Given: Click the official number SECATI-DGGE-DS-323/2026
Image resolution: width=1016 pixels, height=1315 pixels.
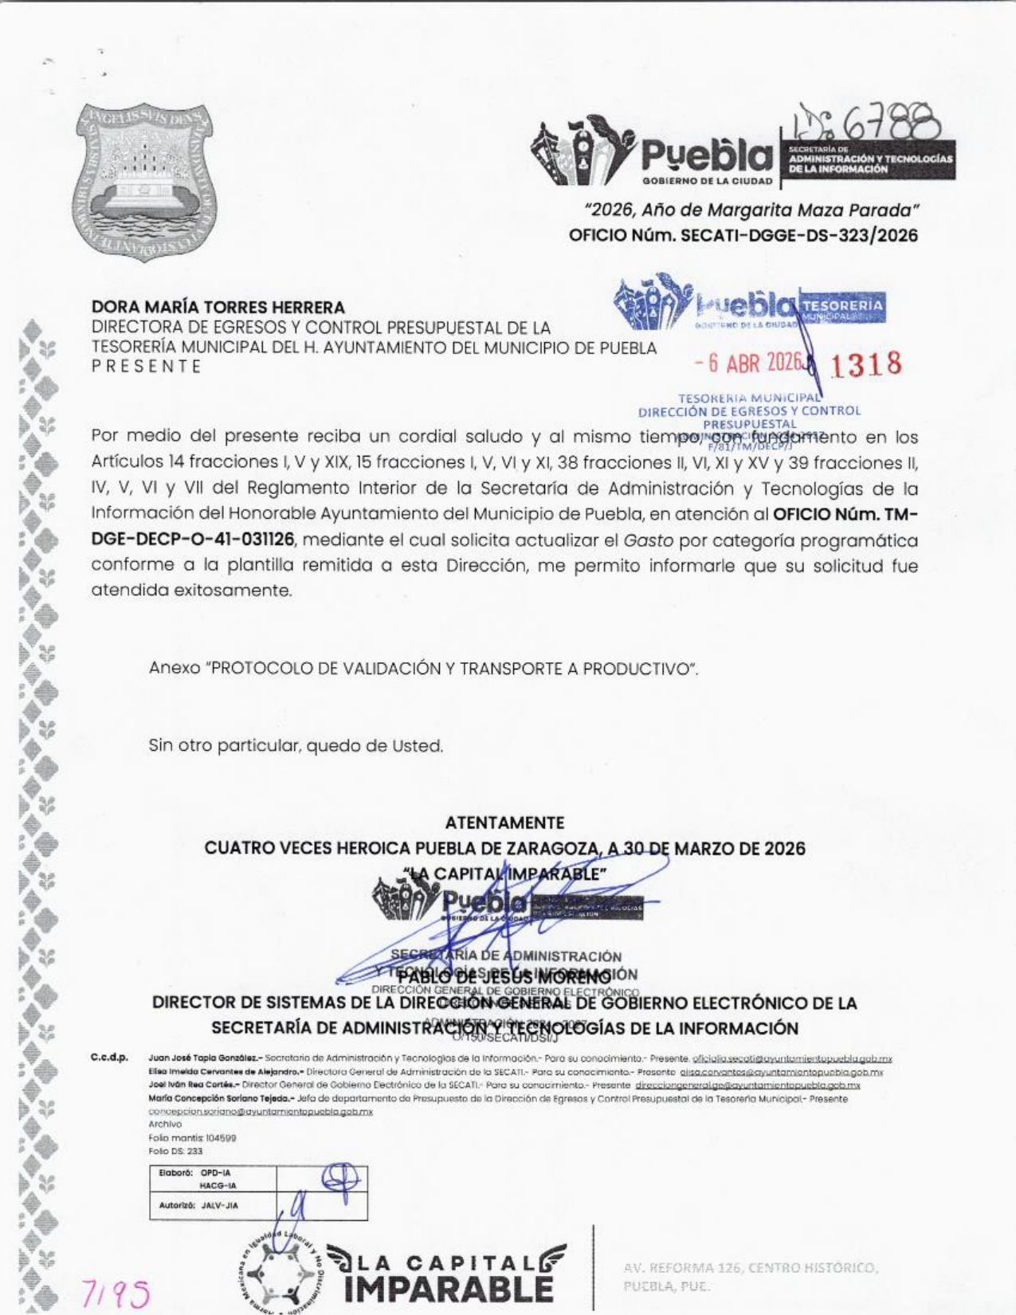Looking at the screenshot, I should [x=743, y=236].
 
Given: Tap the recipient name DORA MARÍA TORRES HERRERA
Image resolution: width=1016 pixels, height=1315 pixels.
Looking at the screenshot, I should [x=218, y=307].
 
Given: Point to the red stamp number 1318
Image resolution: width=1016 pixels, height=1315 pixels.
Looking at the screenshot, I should [x=866, y=364].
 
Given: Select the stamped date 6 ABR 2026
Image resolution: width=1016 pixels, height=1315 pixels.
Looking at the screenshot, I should [x=747, y=363].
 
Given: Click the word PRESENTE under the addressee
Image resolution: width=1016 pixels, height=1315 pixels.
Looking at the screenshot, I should [x=146, y=367].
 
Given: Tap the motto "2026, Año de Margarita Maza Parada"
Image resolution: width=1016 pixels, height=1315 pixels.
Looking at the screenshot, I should [x=751, y=210].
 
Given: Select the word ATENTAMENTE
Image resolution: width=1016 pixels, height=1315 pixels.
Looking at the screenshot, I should [x=504, y=822].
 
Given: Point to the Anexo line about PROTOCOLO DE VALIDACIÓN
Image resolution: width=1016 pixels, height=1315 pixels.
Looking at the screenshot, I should [x=424, y=668].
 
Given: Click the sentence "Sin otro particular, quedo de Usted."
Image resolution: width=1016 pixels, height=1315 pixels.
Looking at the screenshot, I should [x=296, y=746].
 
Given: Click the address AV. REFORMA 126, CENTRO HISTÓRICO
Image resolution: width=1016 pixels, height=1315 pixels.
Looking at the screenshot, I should [x=751, y=1266].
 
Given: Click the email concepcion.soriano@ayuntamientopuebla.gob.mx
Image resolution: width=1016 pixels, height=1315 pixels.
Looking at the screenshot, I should [x=261, y=1111].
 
